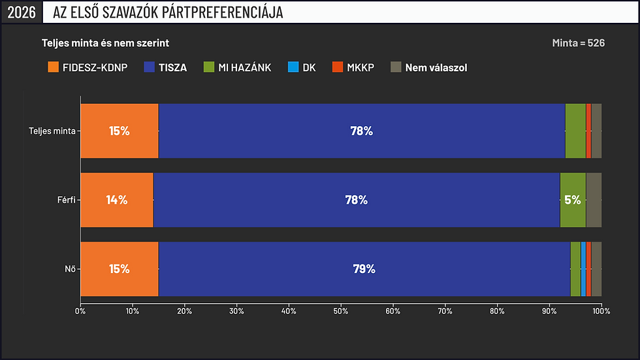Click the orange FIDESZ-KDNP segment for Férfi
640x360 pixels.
[117, 200]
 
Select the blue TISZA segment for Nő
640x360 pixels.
[364, 269]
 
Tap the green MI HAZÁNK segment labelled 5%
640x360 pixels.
[573, 200]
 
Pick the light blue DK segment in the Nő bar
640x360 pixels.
[583, 269]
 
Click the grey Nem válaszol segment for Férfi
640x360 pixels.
[594, 200]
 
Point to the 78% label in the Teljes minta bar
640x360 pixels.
[362, 131]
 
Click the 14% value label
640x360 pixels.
[117, 200]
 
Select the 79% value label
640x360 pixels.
[364, 269]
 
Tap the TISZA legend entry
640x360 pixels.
[165, 67]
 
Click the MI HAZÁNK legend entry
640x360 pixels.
[237, 67]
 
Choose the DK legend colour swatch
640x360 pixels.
[293, 67]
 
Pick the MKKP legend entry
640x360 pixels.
[353, 67]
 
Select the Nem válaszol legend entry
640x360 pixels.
[428, 67]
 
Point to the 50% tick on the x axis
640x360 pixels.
[341, 311]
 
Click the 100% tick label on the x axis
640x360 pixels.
[601, 311]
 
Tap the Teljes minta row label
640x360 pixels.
[52, 131]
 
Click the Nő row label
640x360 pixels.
[71, 269]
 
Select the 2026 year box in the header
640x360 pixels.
[22, 12]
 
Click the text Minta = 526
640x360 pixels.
[579, 43]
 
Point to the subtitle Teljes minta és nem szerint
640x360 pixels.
[105, 43]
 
